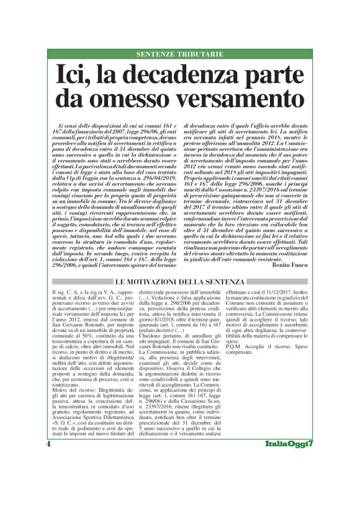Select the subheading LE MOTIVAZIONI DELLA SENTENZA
coord(180,282)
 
